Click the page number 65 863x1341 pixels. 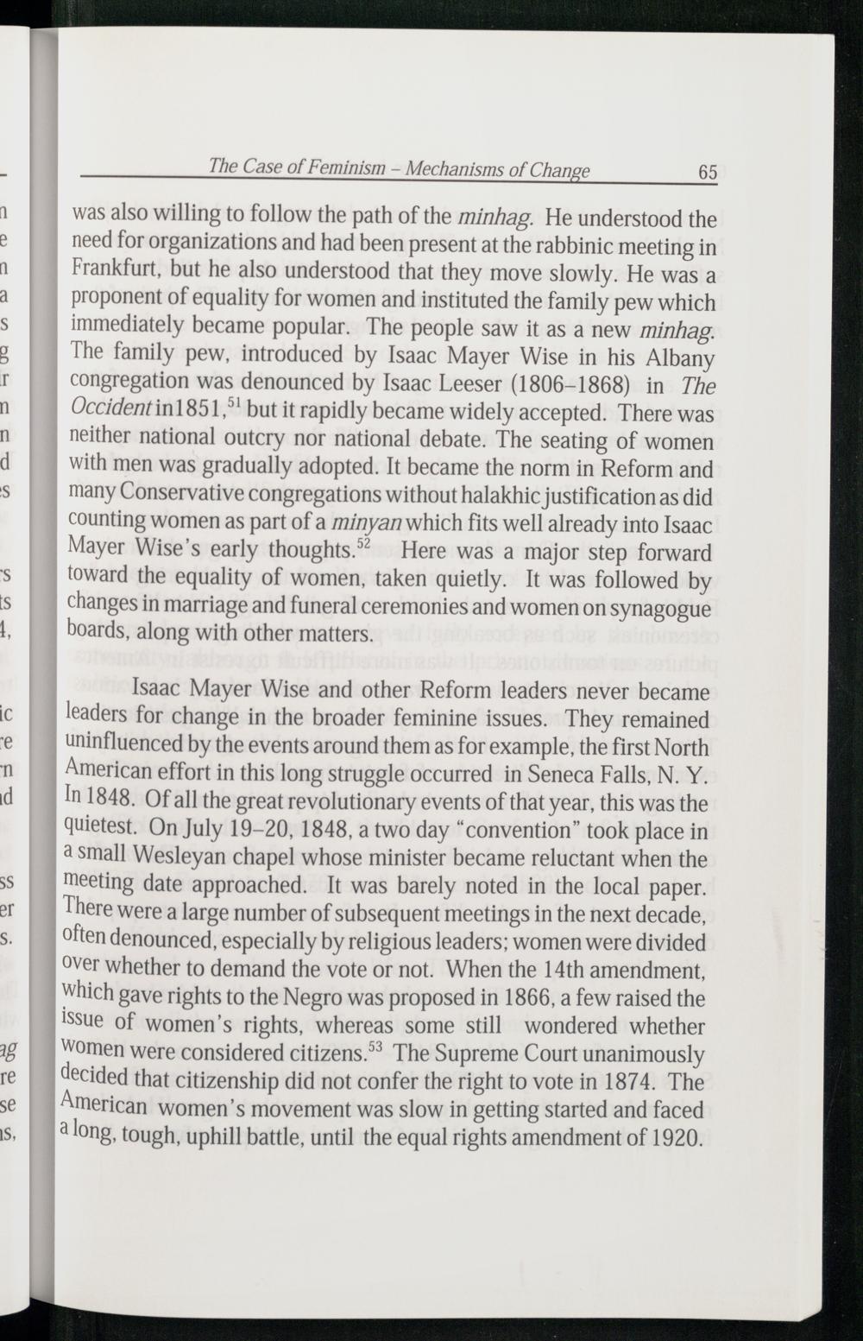[707, 172]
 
